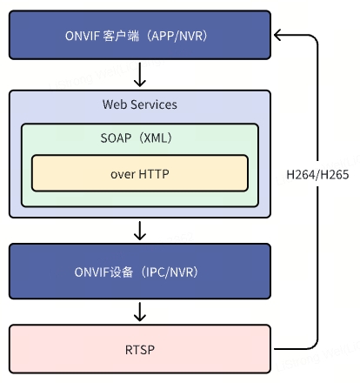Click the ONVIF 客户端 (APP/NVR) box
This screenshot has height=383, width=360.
click(x=139, y=36)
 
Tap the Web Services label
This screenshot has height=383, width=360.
click(x=139, y=104)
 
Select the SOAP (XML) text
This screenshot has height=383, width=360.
click(x=139, y=138)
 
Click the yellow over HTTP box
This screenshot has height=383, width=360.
click(x=139, y=173)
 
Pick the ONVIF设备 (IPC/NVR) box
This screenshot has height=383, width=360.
click(x=139, y=272)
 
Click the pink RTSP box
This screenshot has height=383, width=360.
click(x=139, y=351)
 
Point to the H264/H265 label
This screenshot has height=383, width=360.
click(x=317, y=174)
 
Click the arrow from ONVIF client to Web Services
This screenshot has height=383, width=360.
click(x=139, y=72)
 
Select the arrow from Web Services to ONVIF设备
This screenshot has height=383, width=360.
click(x=139, y=231)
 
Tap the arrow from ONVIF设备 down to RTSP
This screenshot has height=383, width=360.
click(x=139, y=312)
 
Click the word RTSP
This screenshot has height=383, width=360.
click(x=139, y=351)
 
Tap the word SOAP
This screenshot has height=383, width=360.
click(x=117, y=138)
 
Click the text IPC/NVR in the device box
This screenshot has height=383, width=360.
click(x=170, y=272)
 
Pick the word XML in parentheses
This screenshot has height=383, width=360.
click(x=158, y=138)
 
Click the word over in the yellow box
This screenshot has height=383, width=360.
click(x=123, y=173)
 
